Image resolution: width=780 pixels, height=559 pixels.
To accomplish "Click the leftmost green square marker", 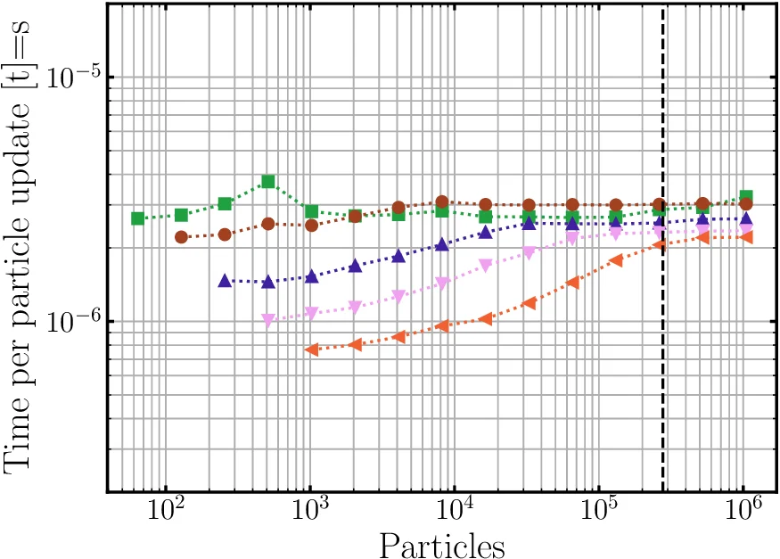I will [x=138, y=218].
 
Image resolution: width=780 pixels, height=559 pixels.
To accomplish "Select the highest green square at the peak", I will [x=268, y=182].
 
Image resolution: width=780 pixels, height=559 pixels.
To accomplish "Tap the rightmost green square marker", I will [x=746, y=196].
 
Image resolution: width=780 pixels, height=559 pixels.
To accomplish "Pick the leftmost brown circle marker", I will [x=181, y=237].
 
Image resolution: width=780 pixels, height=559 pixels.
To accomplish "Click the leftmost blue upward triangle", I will [x=225, y=281].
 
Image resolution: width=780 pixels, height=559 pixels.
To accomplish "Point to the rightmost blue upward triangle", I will [x=746, y=218].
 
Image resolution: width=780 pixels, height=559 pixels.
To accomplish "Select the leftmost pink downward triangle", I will [x=268, y=319].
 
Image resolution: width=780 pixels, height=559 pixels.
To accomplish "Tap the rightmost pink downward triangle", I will [x=746, y=231].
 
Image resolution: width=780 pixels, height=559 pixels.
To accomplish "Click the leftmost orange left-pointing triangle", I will [x=311, y=349].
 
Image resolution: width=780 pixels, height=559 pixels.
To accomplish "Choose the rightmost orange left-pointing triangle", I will [x=746, y=237].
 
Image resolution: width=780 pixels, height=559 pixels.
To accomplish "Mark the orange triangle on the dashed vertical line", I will [x=661, y=244].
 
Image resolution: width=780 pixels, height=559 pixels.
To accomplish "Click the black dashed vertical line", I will [x=663, y=401].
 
